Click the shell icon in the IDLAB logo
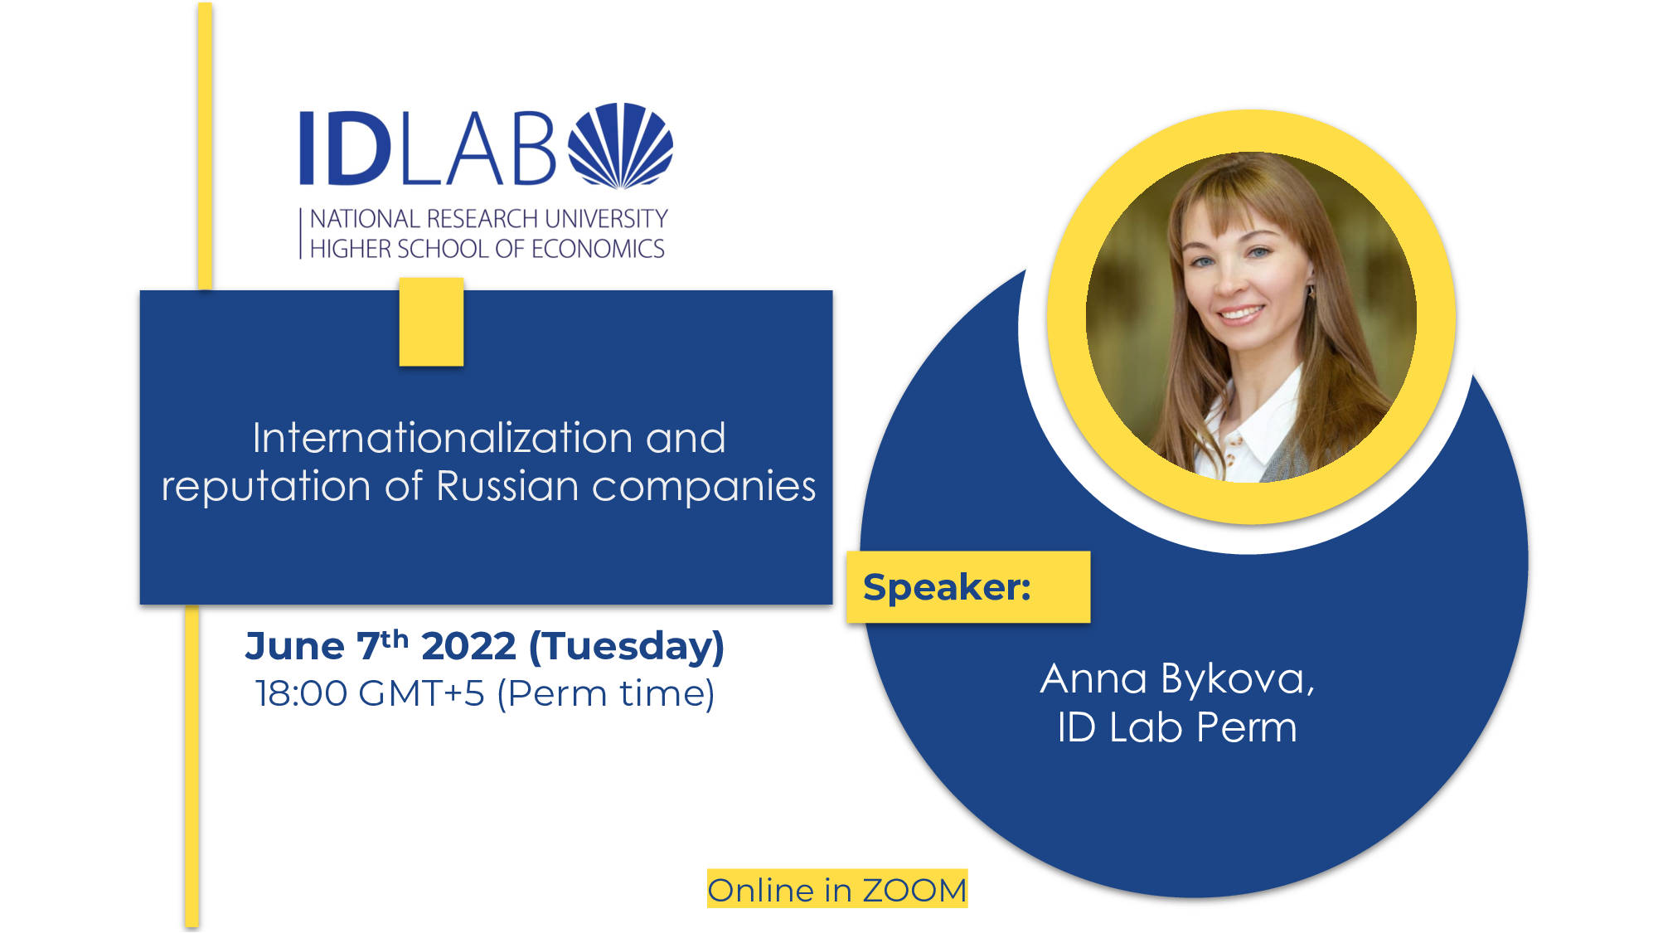pos(621,146)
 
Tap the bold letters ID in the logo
pos(346,148)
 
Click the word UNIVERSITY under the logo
pos(606,219)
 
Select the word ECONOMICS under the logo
pos(598,249)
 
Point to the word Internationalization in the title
pos(443,438)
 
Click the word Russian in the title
pos(507,486)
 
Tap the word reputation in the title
pos(266,487)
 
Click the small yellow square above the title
pos(431,322)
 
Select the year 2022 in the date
pos(469,646)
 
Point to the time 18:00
pos(301,693)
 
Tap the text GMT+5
pos(422,693)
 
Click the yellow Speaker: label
pos(968,587)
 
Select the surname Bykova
pos(1238,680)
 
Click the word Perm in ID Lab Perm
pos(1246,727)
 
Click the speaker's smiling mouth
pos(1241,313)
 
